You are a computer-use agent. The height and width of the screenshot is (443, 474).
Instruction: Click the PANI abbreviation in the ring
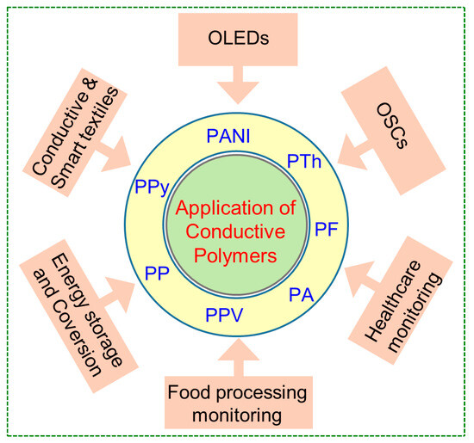coord(231,136)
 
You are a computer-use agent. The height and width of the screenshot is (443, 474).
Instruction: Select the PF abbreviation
coord(326,228)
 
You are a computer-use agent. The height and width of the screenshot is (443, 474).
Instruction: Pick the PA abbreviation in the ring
coord(301,296)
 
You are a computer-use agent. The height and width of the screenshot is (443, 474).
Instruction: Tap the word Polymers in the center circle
coord(236,255)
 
